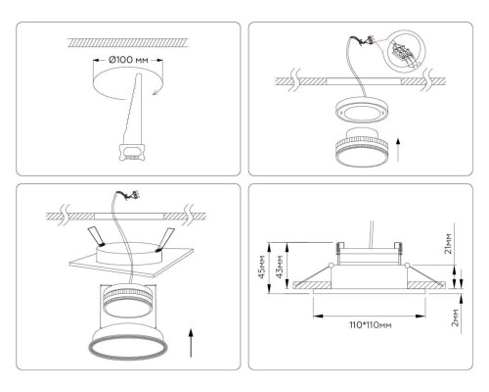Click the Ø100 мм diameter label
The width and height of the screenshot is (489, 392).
(x=127, y=61)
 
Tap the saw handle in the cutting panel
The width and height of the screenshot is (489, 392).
(x=127, y=152)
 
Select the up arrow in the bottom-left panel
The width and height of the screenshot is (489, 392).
(x=189, y=345)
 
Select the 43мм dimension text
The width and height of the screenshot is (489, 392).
(x=282, y=266)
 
